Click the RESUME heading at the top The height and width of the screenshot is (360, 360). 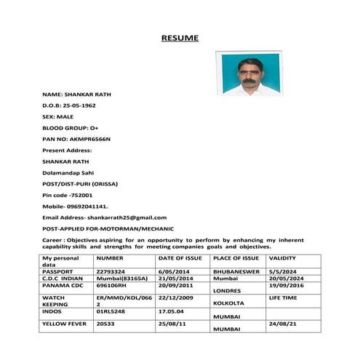click(x=179, y=37)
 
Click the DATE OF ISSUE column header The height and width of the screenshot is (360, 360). click(x=180, y=258)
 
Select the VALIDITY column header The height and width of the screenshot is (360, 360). click(x=282, y=258)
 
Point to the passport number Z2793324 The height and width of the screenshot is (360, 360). click(x=111, y=271)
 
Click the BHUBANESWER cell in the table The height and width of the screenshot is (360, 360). click(x=239, y=271)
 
